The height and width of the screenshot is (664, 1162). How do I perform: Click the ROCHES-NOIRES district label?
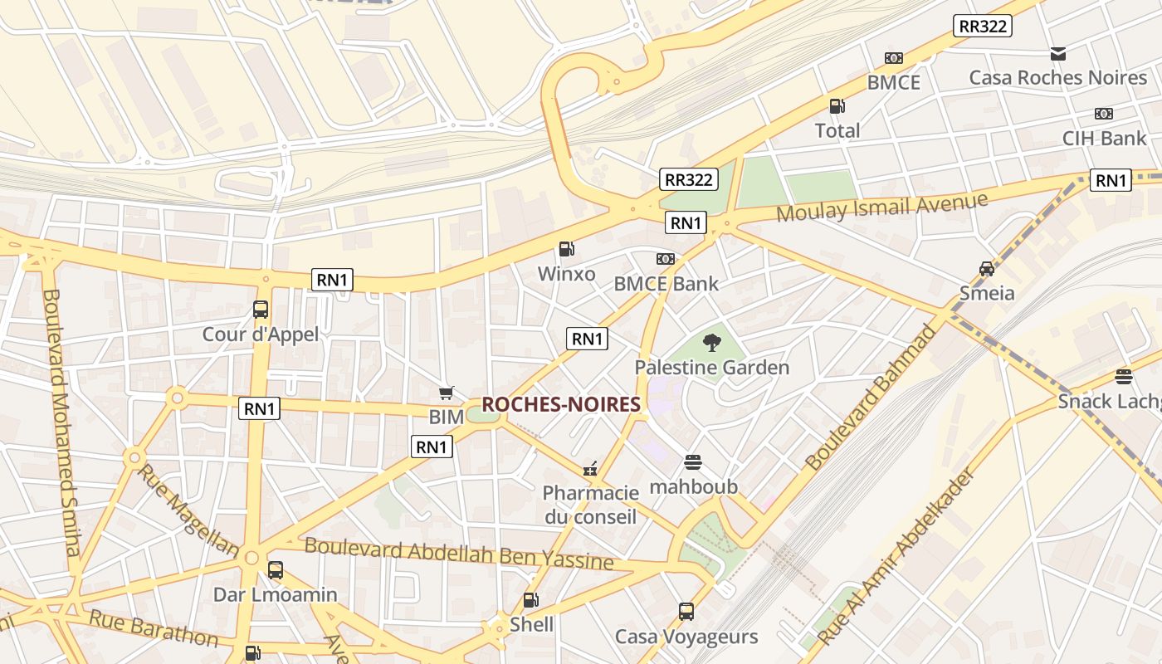[x=561, y=404]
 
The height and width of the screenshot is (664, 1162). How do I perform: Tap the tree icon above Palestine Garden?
[x=711, y=342]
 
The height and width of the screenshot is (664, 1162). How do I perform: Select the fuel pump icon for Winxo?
[x=566, y=249]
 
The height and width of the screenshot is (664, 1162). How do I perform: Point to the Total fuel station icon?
[x=837, y=106]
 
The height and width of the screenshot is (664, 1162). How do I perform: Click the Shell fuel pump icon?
[x=530, y=600]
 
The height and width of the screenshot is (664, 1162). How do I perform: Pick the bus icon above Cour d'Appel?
[x=261, y=310]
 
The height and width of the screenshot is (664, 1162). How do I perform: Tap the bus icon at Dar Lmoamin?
[x=275, y=570]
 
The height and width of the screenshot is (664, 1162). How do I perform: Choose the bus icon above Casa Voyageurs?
[x=686, y=612]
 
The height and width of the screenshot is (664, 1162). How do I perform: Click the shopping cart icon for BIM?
[x=447, y=393]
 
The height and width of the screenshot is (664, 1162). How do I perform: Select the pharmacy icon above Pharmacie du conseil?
[x=590, y=469]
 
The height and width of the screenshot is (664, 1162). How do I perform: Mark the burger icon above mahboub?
[x=693, y=462]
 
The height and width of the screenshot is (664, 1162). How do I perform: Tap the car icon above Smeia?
[x=987, y=268]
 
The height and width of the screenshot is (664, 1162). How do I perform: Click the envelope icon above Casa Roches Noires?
[x=1057, y=54]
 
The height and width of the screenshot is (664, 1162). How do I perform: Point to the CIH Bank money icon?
[x=1103, y=114]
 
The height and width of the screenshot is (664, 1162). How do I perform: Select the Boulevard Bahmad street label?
[x=871, y=397]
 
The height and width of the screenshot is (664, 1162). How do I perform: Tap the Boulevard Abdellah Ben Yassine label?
[x=459, y=554]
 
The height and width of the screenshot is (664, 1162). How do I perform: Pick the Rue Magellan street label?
[x=188, y=510]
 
